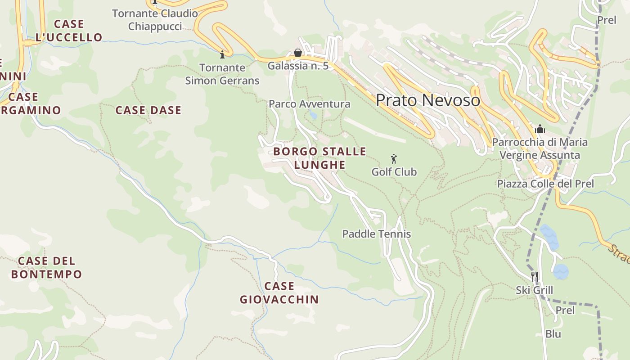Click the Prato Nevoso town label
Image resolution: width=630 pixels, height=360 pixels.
point(428,100)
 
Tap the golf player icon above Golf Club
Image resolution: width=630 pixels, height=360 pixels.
point(394,159)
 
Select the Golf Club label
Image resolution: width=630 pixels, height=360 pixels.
point(394,172)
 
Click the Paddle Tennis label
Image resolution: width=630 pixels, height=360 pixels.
point(377,234)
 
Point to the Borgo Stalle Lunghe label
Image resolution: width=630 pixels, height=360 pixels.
point(320,158)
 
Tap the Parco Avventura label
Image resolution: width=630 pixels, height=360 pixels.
point(309,104)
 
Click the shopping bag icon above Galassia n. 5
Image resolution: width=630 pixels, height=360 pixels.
point(297,53)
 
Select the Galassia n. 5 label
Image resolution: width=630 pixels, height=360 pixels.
point(298,66)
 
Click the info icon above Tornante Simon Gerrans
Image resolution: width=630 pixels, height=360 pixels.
point(222,55)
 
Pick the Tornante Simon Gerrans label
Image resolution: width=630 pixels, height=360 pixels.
point(222,74)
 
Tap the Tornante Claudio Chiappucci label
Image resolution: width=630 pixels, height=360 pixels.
point(155,20)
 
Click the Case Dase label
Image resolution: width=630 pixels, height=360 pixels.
point(148,110)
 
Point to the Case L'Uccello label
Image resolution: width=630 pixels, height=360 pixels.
point(69,31)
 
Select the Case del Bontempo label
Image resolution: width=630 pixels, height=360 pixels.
point(47,267)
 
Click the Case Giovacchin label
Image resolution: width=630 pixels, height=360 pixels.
point(279,292)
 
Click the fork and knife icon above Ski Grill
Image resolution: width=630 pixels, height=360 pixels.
point(535,276)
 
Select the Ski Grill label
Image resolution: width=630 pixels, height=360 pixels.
point(535,290)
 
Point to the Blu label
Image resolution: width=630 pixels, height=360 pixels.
point(553,334)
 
